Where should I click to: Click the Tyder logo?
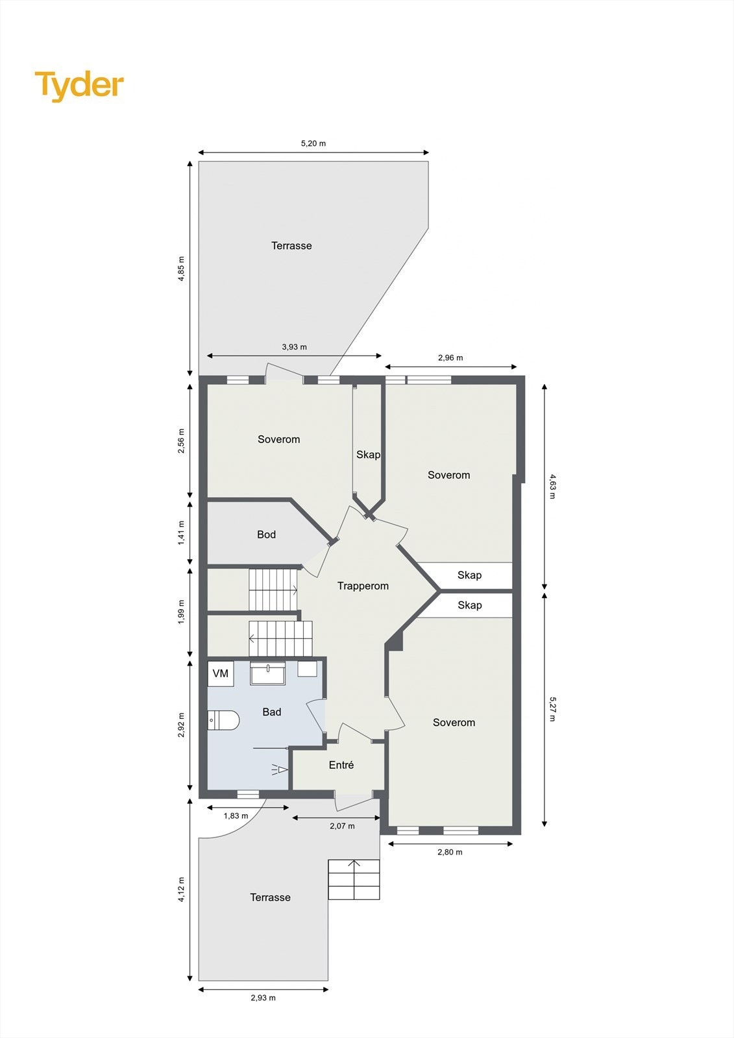click(79, 86)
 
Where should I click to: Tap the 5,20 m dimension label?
click(313, 143)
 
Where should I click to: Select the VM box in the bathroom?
click(221, 673)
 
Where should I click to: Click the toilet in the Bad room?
click(224, 720)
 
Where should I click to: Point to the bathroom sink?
click(268, 673)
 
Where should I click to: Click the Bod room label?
click(266, 535)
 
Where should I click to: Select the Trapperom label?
click(363, 586)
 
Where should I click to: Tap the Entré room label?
click(341, 766)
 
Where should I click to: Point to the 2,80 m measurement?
click(450, 852)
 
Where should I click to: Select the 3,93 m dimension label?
click(294, 347)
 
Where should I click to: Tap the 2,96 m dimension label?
click(450, 357)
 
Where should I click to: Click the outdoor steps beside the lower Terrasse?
click(354, 880)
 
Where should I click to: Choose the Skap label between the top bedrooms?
click(368, 455)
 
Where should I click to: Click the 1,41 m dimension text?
click(182, 533)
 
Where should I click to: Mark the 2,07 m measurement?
click(342, 826)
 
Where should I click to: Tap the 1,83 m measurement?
click(236, 815)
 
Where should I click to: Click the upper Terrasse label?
click(291, 246)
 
